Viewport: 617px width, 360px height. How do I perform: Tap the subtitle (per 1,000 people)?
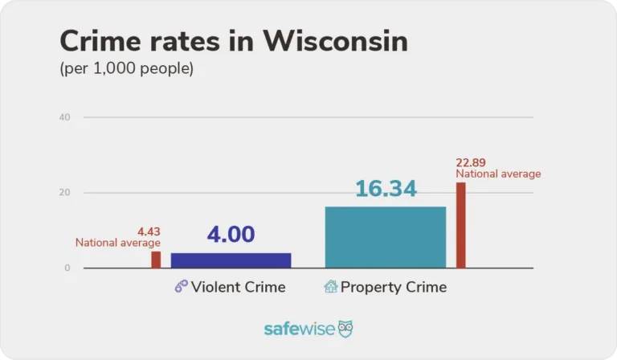[126, 69]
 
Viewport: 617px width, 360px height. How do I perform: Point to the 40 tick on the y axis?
[64, 117]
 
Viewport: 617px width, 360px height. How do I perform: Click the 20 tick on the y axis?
[64, 193]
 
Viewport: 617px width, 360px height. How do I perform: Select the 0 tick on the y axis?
[67, 268]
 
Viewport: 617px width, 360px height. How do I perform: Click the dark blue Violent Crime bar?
[231, 260]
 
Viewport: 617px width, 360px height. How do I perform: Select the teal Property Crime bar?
[385, 237]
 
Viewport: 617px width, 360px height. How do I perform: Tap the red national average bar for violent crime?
[156, 260]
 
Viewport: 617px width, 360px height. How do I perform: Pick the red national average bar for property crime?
[460, 225]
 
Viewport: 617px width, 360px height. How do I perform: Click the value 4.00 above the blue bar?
[231, 235]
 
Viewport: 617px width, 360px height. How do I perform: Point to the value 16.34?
[386, 189]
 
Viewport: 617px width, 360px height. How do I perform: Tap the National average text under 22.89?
[498, 174]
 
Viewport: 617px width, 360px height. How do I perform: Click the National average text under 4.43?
[118, 243]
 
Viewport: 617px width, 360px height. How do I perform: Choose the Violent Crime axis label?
[238, 287]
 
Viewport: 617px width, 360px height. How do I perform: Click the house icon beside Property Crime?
[330, 286]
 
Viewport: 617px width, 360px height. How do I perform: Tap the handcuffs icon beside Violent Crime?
[182, 287]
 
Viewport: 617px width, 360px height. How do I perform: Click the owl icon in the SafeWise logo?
[345, 329]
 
